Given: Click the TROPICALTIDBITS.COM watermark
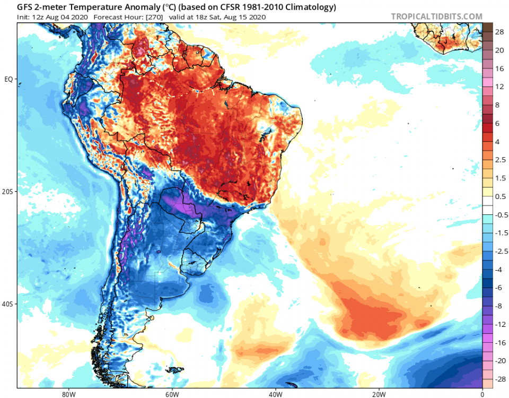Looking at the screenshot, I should pos(437,17).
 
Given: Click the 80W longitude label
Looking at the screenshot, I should pos(67,394).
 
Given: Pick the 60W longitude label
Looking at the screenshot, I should pos(171,394).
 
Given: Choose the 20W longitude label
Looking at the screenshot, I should pos(378,394).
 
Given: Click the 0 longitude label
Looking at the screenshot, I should pos(482,394).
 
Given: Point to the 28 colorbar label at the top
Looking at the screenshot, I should pos(499,32).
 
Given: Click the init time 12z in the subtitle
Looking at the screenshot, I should pos(38,17).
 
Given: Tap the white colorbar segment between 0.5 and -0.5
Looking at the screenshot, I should pos(488,205).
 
